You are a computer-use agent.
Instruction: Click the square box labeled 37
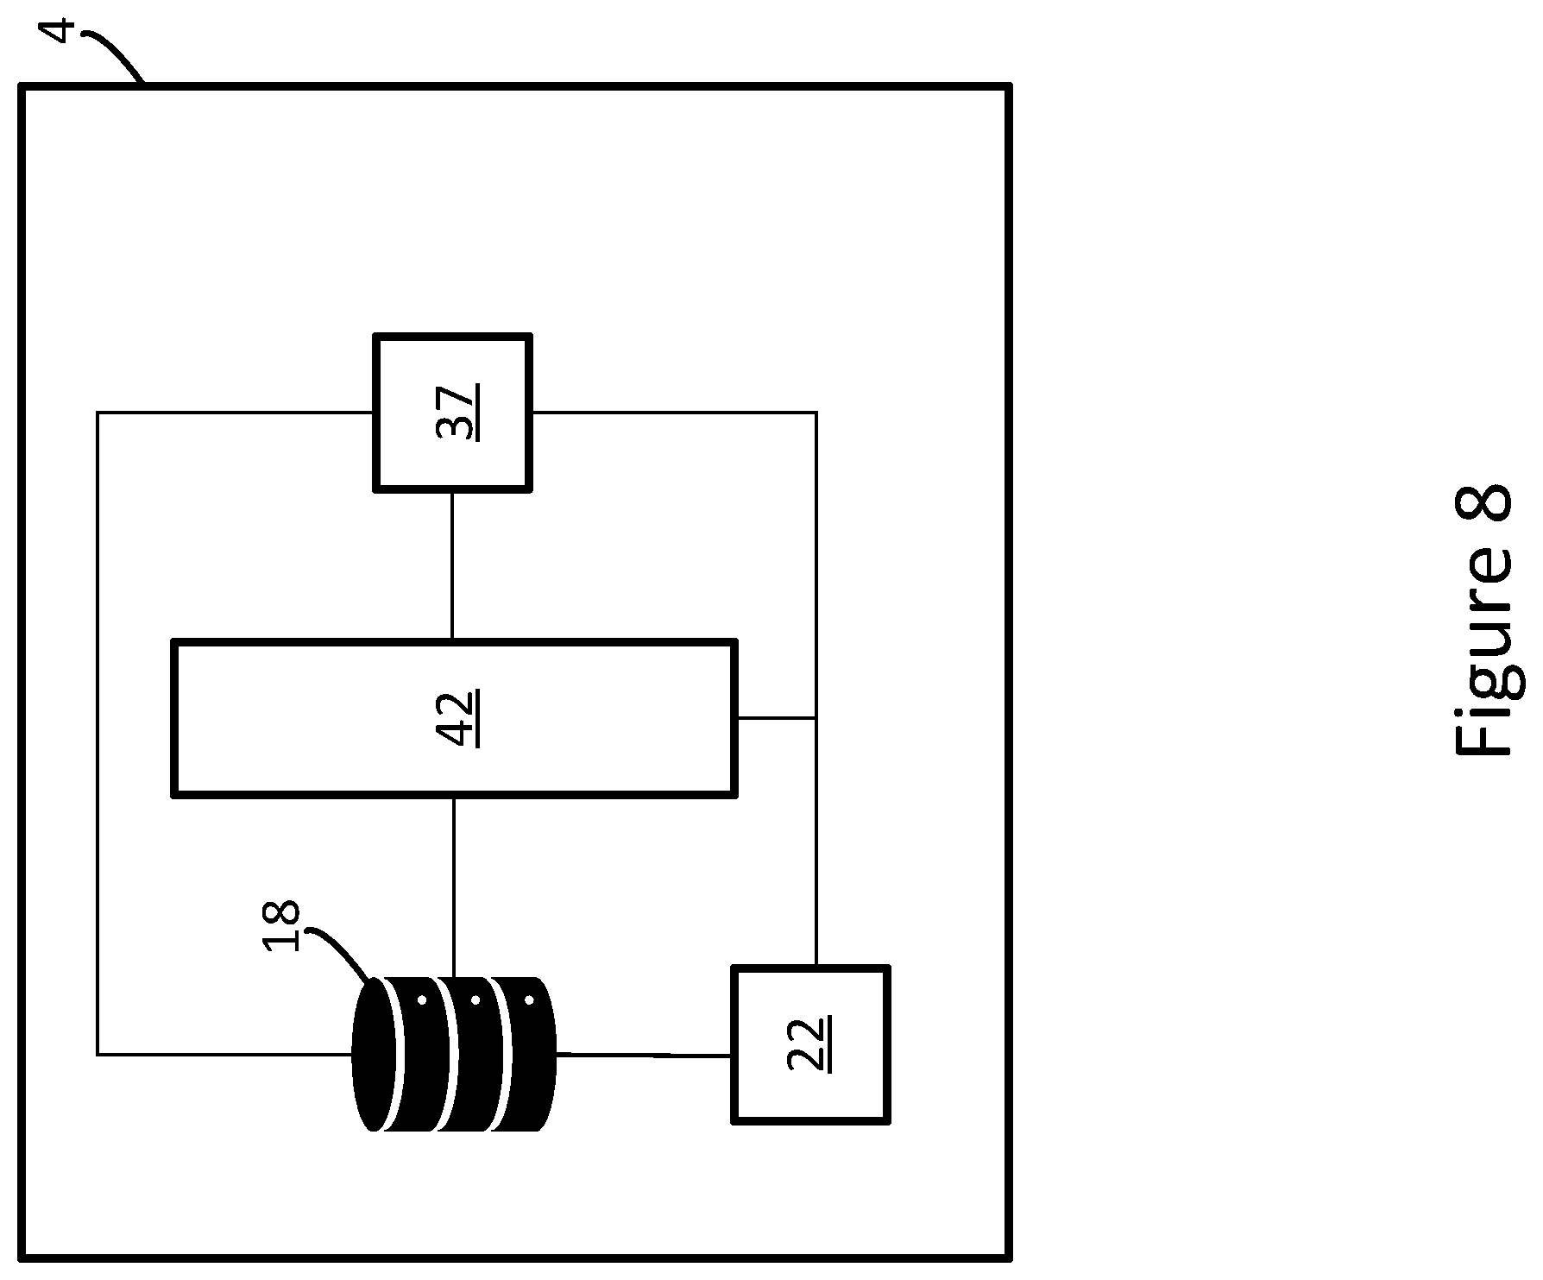pyautogui.click(x=452, y=413)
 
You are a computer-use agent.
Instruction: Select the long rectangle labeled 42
pyautogui.click(x=454, y=717)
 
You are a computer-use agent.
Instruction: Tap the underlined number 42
pyautogui.click(x=458, y=717)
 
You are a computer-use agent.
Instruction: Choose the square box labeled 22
pyautogui.click(x=810, y=1044)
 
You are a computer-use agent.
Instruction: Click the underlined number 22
pyautogui.click(x=810, y=1044)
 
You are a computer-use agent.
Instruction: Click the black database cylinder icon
pyautogui.click(x=455, y=1053)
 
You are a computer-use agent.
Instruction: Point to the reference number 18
pyautogui.click(x=282, y=926)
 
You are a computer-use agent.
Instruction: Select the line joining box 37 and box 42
pyautogui.click(x=452, y=565)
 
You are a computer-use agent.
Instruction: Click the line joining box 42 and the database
pyautogui.click(x=454, y=886)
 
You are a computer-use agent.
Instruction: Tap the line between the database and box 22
pyautogui.click(x=644, y=1055)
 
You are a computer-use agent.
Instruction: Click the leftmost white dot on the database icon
pyautogui.click(x=422, y=1001)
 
